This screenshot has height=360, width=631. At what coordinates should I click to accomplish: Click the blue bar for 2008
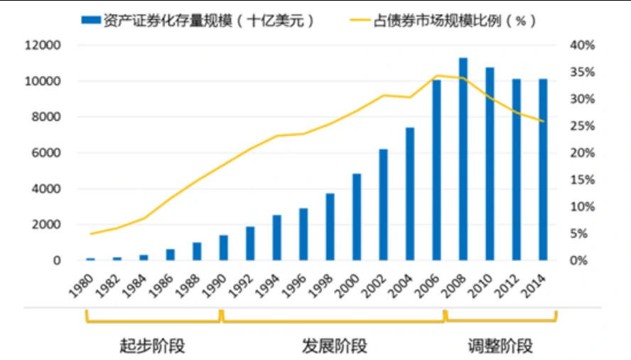[463, 159]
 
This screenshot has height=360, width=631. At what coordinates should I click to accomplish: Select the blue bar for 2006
[436, 170]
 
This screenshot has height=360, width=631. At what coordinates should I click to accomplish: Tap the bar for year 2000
[357, 217]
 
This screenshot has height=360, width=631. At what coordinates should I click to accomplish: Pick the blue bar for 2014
[543, 170]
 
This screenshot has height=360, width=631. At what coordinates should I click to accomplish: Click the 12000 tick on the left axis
[44, 45]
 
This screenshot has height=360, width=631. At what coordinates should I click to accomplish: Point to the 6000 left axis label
[47, 153]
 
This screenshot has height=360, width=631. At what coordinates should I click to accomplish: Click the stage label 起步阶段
[152, 347]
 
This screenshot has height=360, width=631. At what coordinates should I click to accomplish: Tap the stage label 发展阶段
[334, 347]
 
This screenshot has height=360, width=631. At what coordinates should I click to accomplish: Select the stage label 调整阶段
[500, 347]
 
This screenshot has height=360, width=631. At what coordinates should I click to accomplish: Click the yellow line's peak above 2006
[436, 75]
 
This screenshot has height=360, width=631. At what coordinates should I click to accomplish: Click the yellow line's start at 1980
[90, 234]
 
